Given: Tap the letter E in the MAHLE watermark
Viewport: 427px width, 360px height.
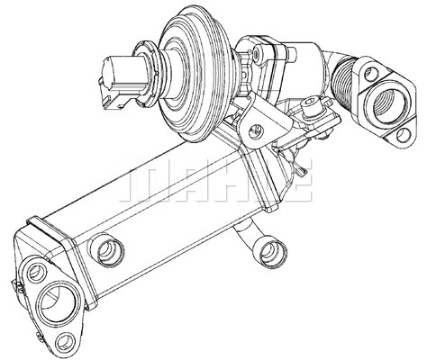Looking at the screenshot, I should pyautogui.click(x=297, y=185).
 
